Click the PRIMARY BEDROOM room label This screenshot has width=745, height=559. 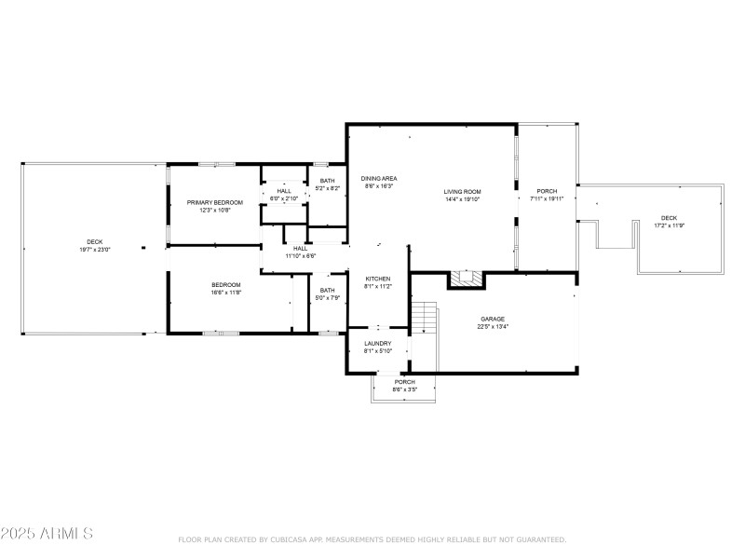(214, 202)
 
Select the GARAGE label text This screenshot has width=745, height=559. (492, 319)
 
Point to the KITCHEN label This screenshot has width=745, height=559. (377, 279)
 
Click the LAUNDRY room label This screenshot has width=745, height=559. (377, 343)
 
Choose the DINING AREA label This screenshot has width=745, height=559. (379, 178)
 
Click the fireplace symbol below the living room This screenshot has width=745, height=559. (464, 278)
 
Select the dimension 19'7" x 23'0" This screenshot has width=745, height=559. (94, 250)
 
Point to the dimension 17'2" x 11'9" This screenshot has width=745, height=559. (669, 225)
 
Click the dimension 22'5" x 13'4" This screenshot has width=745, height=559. (492, 327)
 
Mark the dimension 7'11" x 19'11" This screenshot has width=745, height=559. (548, 198)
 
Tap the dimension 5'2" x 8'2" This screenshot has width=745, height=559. (327, 188)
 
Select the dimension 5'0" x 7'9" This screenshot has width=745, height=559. (327, 297)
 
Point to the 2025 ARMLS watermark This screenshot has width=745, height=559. (47, 534)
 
